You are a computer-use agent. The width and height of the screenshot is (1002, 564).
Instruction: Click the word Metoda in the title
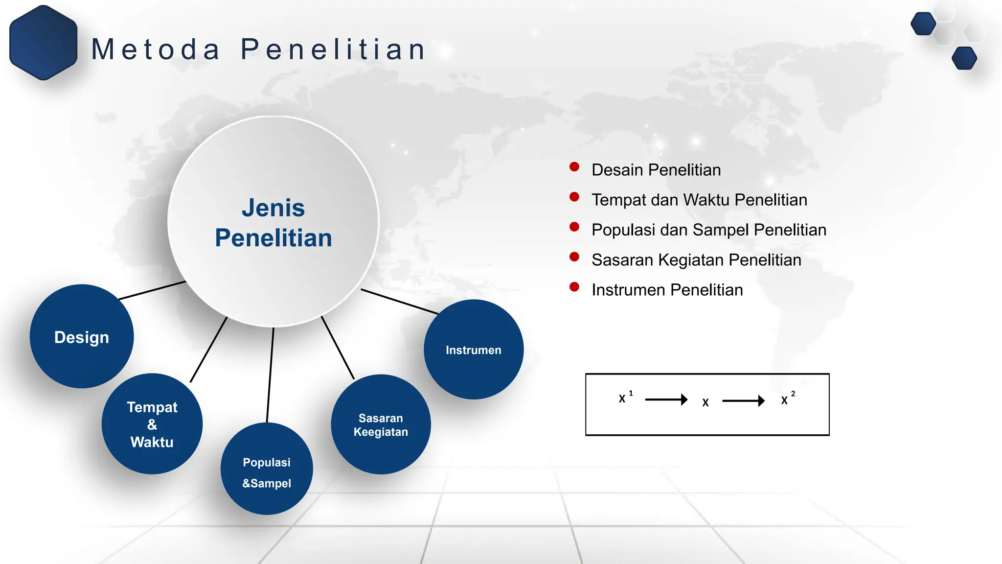point(156,49)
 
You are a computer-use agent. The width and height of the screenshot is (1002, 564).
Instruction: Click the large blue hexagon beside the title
point(43,43)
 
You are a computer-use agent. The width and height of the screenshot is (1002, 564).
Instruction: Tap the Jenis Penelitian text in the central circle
point(273,223)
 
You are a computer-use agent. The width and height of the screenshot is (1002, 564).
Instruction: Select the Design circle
point(82,337)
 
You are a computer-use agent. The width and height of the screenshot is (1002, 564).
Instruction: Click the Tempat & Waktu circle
point(152,424)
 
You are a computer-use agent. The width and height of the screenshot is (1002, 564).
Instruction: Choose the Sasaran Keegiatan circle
point(381,424)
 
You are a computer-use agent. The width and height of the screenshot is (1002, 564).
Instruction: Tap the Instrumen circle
point(473,350)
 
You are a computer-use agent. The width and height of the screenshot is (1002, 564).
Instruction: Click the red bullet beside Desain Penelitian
point(574,167)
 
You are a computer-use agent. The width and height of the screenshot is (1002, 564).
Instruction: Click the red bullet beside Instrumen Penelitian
point(574,287)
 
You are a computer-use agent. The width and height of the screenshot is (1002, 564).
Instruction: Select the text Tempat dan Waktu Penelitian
point(699,200)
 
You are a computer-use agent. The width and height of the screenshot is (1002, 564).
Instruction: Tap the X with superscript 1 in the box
point(623,399)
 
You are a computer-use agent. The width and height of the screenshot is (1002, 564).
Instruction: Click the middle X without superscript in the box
point(705,402)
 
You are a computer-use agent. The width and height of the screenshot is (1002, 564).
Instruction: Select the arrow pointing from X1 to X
point(666,400)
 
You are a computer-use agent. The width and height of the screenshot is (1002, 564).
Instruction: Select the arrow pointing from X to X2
point(743,401)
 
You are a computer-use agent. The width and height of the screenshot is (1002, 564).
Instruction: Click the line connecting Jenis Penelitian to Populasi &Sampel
point(270,375)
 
